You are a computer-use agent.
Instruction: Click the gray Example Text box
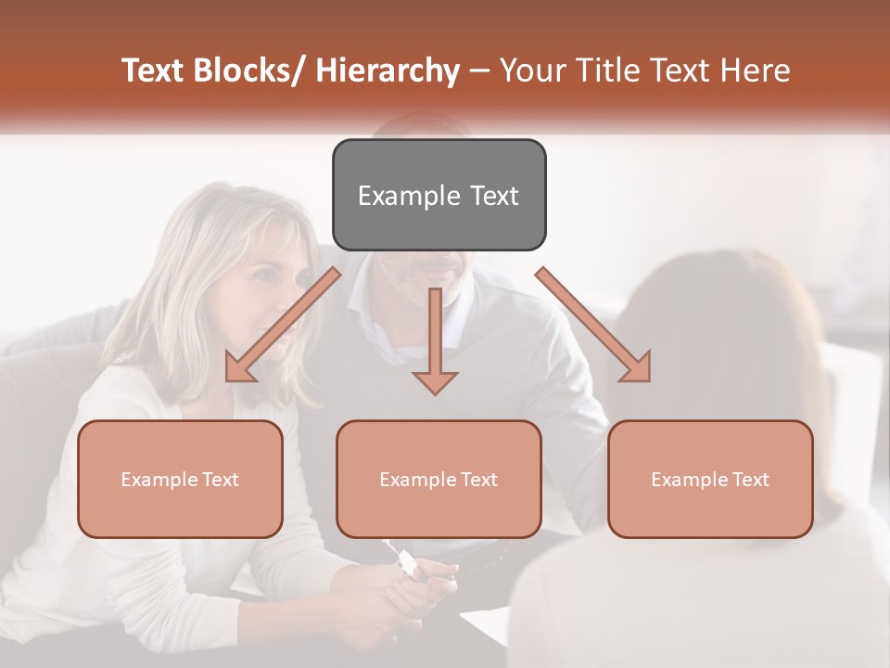tap(439, 195)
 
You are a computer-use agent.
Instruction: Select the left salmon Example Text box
tap(180, 479)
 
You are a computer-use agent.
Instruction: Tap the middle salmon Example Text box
tap(439, 479)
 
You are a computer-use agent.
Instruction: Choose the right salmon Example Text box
tap(710, 479)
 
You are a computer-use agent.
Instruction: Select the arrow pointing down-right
tap(593, 325)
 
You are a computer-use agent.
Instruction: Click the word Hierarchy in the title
tap(388, 71)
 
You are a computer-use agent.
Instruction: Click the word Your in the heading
tap(532, 71)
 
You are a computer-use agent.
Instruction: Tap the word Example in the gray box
tap(397, 196)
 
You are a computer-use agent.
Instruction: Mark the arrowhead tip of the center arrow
tap(435, 393)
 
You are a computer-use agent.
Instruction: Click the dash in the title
tap(479, 71)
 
